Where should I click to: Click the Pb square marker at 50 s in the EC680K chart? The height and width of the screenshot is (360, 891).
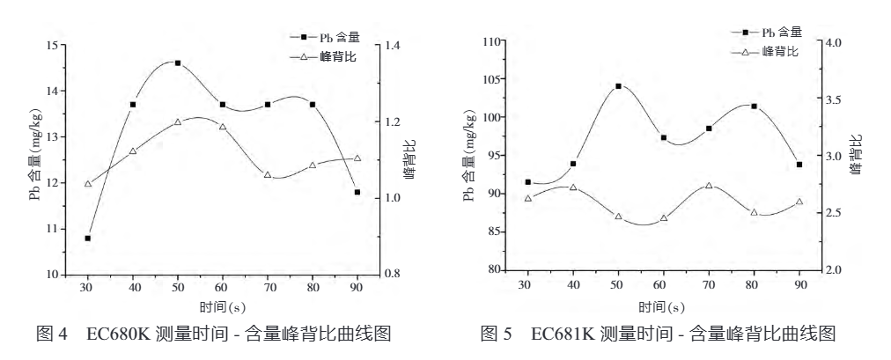178,63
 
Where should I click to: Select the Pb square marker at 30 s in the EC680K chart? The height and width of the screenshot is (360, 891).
87,239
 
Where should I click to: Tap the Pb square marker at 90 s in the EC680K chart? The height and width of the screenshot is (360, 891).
357,192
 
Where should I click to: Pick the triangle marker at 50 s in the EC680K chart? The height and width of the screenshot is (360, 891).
178,121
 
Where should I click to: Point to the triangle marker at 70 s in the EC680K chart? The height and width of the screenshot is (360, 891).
268,174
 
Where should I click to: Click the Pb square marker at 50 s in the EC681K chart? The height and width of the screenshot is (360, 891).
618,86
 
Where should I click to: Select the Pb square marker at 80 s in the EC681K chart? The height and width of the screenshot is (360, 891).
755,107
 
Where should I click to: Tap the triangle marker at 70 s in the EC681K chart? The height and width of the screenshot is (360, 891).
709,186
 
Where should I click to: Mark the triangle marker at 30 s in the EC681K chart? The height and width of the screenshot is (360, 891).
528,198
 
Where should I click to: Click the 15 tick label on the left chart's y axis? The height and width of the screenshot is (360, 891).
54,45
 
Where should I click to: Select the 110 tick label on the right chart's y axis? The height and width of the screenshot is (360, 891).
490,42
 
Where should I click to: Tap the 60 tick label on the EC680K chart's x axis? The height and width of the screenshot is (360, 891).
223,288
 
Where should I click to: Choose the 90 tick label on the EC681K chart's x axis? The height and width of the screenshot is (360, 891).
799,285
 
